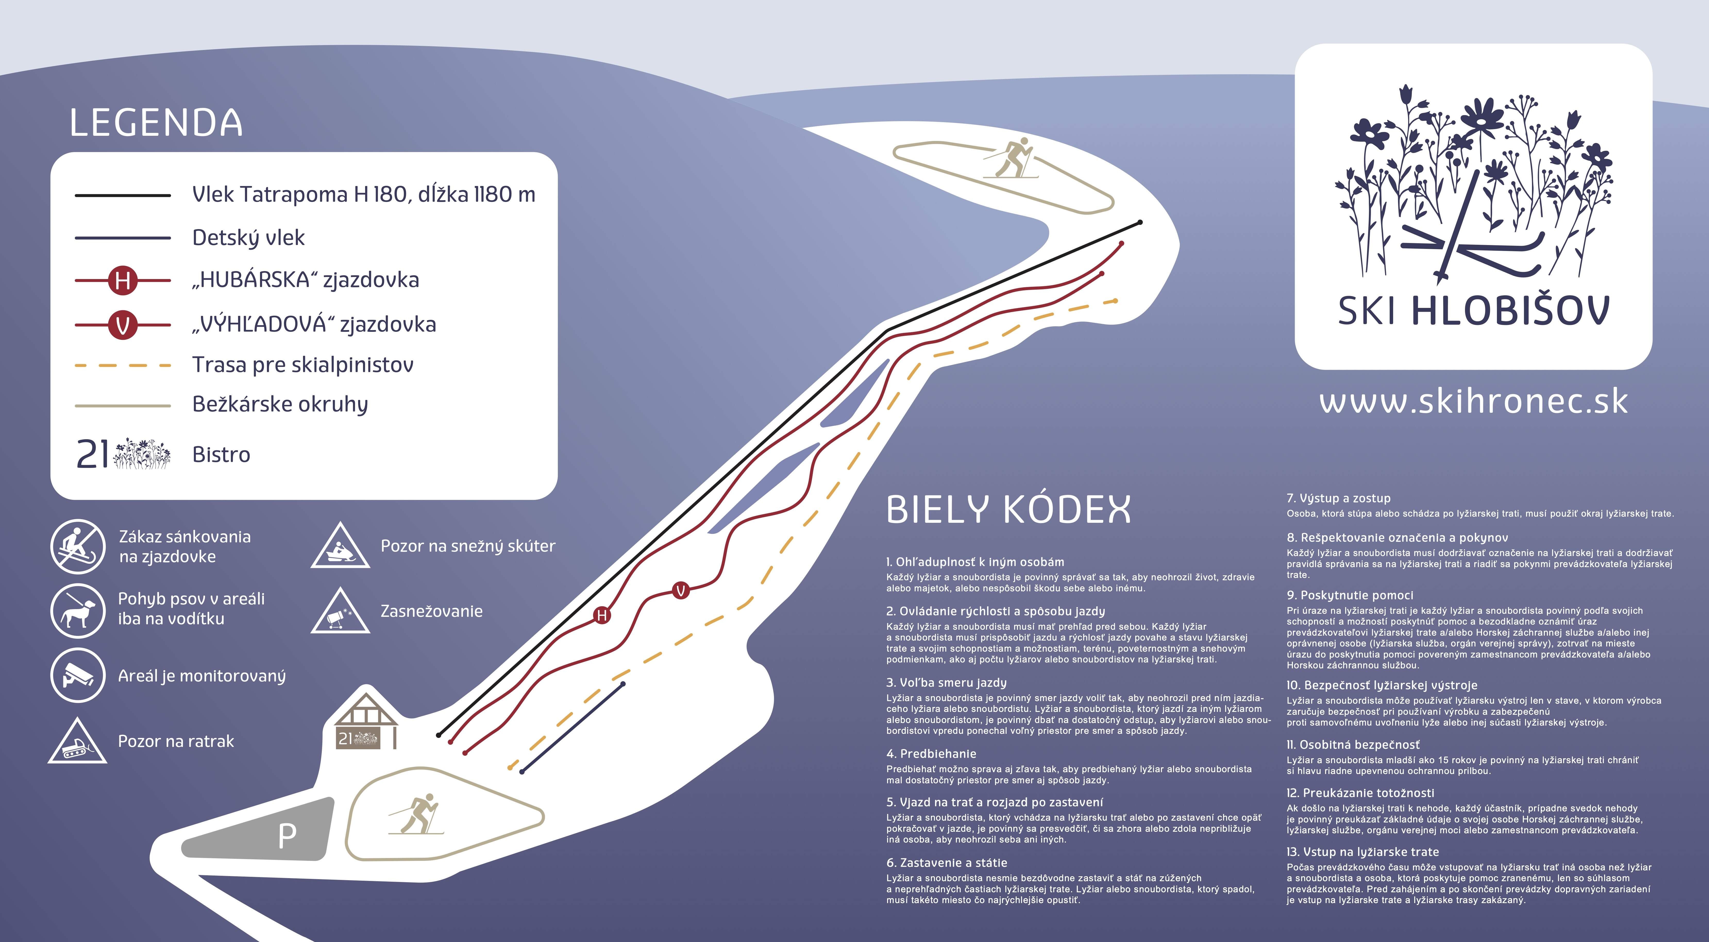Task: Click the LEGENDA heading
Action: pyautogui.click(x=156, y=123)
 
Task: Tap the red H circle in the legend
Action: pyautogui.click(x=123, y=281)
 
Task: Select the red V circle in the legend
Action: pyautogui.click(x=123, y=325)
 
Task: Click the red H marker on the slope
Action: pyautogui.click(x=602, y=615)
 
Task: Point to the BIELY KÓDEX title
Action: pyautogui.click(x=1008, y=509)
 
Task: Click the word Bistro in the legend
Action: pyautogui.click(x=221, y=455)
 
